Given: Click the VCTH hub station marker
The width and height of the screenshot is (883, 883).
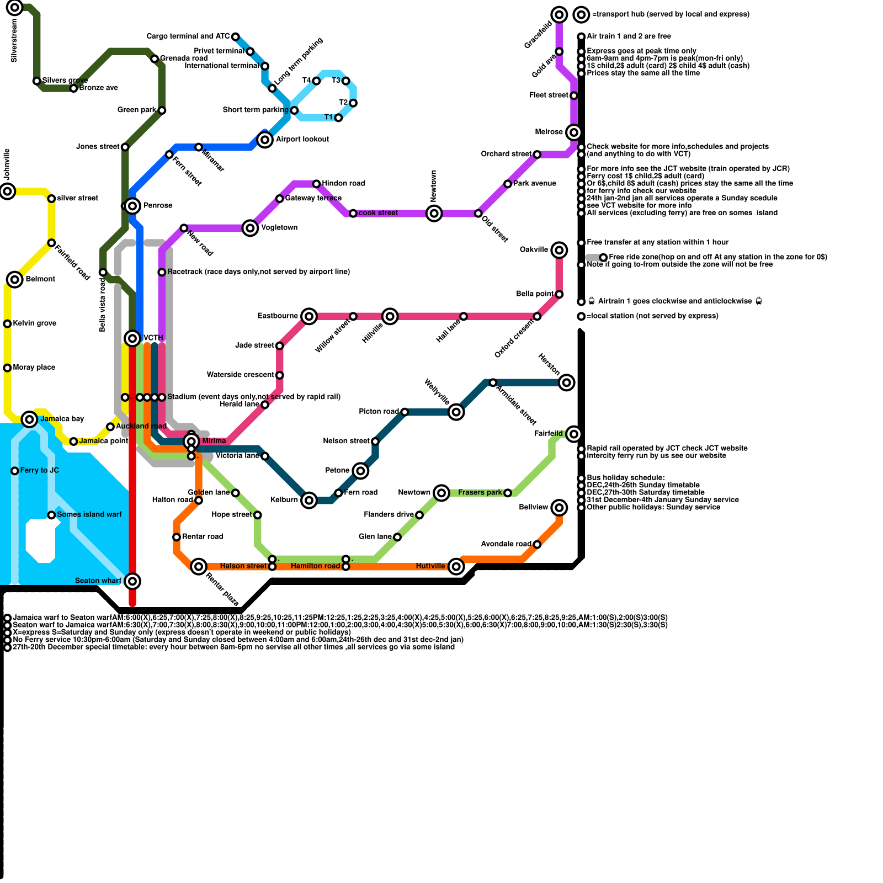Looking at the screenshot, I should click(132, 338).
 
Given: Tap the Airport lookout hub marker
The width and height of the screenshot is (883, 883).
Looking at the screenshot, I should click(265, 140).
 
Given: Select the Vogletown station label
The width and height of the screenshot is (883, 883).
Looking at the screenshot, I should click(279, 228).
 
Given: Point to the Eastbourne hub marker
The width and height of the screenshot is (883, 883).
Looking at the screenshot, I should click(309, 316).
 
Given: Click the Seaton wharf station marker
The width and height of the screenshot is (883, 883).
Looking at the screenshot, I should click(132, 581).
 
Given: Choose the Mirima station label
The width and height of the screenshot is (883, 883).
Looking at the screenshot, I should click(214, 441).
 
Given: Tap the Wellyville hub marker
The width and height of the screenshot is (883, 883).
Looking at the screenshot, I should click(456, 412).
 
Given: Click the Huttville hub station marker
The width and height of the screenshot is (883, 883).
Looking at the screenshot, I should click(456, 566).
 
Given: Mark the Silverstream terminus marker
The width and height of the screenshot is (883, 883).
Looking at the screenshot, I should click(15, 8).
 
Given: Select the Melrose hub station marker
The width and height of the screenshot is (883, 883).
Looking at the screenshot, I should click(574, 132).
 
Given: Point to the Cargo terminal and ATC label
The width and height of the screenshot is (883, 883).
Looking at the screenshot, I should click(188, 36).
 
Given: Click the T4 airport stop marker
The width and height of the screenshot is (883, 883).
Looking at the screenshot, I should click(316, 81).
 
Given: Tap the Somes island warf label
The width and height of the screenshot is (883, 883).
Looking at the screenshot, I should click(89, 515).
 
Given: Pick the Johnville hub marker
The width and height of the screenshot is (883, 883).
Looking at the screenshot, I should click(8, 192).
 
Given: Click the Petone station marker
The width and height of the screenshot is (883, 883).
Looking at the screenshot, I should click(360, 471).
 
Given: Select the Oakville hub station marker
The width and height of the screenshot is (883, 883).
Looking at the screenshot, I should click(559, 250).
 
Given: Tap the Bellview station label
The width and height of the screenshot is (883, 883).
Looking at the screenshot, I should click(534, 507).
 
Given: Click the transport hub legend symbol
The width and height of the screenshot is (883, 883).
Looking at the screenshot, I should click(581, 14).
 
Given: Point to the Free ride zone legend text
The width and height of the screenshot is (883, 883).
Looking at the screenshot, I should click(718, 257).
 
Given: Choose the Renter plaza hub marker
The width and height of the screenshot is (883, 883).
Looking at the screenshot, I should click(199, 566).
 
